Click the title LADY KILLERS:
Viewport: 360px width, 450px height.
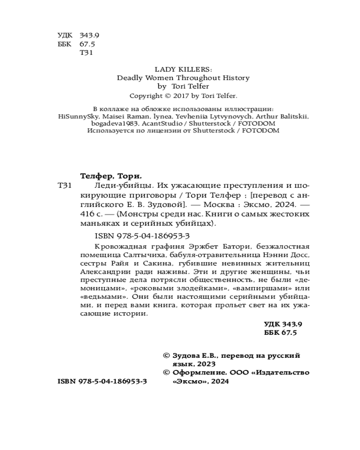tap(180, 69)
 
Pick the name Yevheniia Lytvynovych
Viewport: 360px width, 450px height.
tap(202, 116)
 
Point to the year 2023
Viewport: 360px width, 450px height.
tap(206, 364)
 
